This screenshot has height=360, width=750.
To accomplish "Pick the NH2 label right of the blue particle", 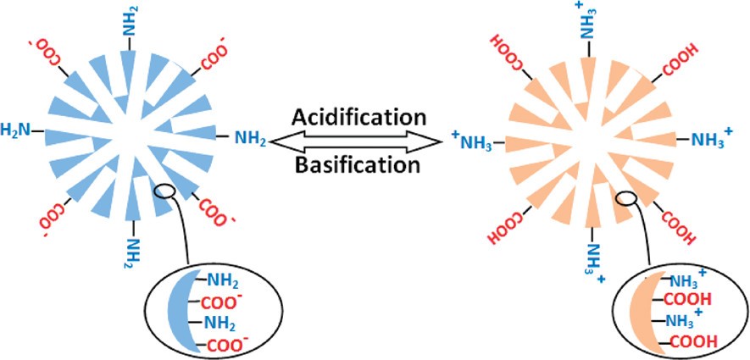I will coord(250,136).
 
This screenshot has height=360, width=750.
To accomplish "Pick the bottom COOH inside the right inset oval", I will coord(693,342).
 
